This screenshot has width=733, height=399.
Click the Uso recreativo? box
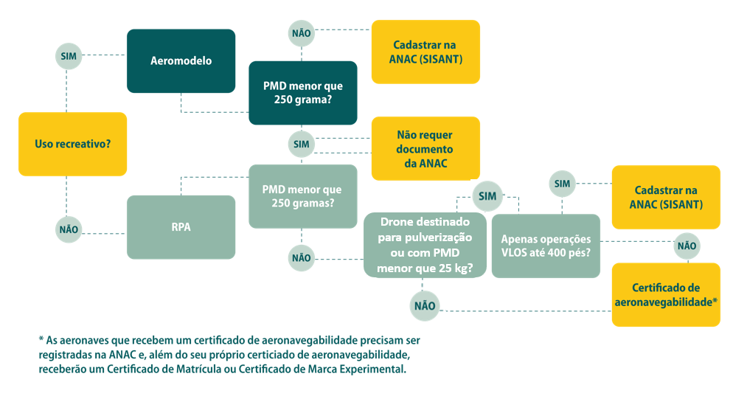point(72,144)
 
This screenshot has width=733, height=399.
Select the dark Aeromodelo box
point(181,60)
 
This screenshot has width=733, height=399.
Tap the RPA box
point(181,227)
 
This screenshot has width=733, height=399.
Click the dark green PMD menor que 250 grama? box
point(302,92)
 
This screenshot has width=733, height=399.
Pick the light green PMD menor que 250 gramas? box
point(302,195)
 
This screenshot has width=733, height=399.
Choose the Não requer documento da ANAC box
point(425,149)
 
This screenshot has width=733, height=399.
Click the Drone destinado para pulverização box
point(425,245)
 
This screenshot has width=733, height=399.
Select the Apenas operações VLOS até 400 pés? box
point(546,246)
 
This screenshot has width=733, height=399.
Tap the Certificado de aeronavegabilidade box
point(666,294)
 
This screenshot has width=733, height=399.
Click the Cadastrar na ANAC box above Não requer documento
point(425,52)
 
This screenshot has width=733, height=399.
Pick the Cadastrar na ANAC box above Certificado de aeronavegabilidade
point(666,197)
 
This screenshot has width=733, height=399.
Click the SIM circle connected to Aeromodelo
point(68,55)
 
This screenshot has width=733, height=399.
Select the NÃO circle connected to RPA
point(68,229)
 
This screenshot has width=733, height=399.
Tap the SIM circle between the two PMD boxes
point(301,144)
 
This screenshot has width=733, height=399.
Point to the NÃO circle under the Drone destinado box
point(424,306)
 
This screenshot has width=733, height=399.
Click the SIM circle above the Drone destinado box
point(487,195)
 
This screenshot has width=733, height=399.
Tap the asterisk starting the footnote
point(41,340)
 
